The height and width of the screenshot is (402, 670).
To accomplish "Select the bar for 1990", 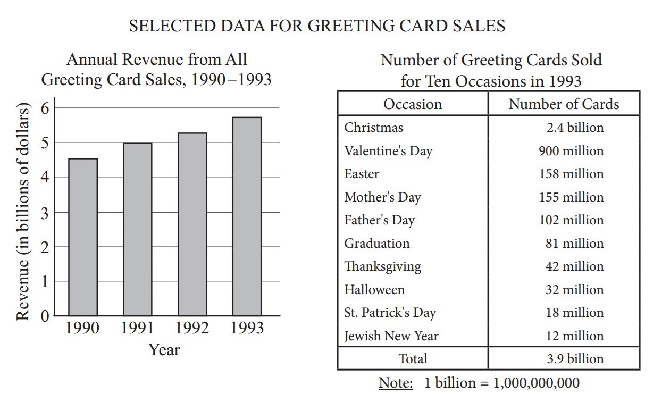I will point(82,237).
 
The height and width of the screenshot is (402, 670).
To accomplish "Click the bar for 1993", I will point(247,216).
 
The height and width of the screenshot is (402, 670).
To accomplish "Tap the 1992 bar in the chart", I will point(192,224).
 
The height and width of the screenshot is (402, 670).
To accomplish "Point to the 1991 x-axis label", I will point(137,328).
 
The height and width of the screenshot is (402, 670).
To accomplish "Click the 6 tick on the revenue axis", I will point(44,108).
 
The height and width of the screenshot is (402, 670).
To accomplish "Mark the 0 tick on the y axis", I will point(44,316).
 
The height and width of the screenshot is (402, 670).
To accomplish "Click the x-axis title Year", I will point(164,350).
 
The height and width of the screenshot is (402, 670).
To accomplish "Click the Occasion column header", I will point(413,104).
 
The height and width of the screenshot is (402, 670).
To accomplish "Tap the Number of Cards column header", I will point(564,104).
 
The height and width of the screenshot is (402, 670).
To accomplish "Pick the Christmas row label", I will point(373,128).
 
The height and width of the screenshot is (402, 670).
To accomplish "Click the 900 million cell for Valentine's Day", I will point(571,151).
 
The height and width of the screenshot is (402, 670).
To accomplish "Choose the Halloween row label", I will point(374,290).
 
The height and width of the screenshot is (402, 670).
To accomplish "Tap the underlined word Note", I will point(396,383).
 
